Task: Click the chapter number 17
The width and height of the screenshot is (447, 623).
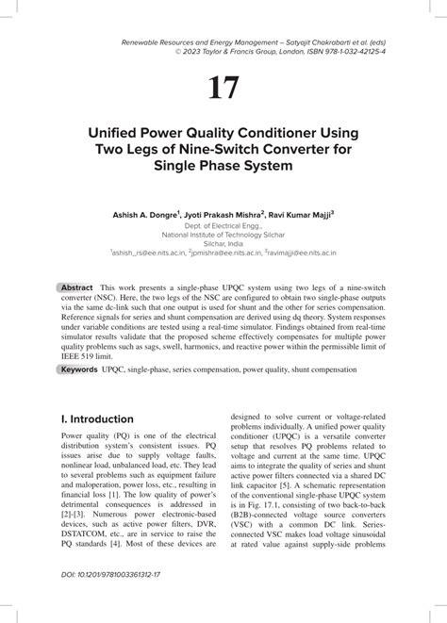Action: point(223,88)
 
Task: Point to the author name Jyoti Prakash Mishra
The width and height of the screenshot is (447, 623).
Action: point(227,215)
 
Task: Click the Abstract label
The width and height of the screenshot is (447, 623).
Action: point(76,287)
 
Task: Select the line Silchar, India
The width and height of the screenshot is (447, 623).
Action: point(223,243)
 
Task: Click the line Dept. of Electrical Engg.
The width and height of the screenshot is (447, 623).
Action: point(223,226)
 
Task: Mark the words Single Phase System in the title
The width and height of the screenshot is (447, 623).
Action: point(223,166)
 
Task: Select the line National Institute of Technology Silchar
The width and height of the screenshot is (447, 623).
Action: point(223,235)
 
